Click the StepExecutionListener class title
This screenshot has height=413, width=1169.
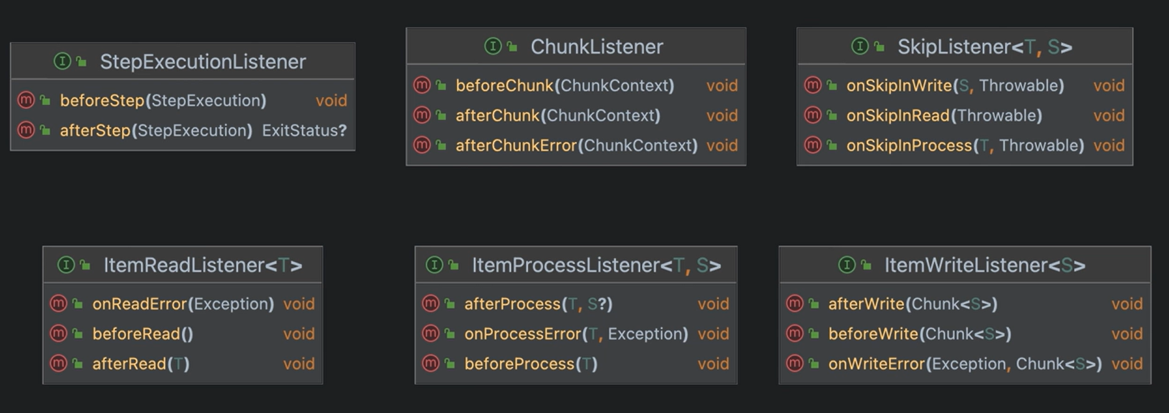[x=203, y=62]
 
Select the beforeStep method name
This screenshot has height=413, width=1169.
[x=102, y=100]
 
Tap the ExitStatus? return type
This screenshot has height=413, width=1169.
[x=304, y=130]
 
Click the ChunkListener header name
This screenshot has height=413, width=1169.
[x=597, y=47]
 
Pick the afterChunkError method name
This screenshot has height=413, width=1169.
[x=516, y=145]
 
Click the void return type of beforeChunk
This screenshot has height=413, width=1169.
[x=721, y=85]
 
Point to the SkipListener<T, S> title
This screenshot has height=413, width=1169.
[x=984, y=47]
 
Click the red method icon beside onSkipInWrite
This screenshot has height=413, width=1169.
[x=812, y=85]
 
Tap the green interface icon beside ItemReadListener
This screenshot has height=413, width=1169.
[x=65, y=265]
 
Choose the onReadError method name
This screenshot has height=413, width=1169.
[x=140, y=304]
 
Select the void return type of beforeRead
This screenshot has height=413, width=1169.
[x=299, y=334]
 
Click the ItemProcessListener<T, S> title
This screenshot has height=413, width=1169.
[x=596, y=265]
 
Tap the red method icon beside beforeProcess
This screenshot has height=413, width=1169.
[x=431, y=363]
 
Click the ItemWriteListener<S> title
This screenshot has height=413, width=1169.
[x=984, y=265]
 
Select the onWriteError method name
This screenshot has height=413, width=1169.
[x=876, y=364]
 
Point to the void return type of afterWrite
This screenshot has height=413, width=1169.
[x=1127, y=304]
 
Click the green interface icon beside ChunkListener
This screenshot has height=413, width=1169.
[x=493, y=46]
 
